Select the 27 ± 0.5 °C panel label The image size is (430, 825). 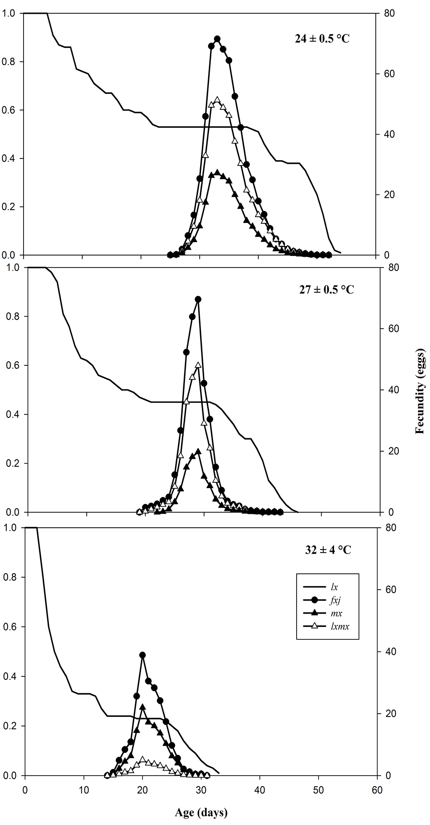click(x=327, y=290)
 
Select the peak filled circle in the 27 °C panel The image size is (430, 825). click(x=198, y=299)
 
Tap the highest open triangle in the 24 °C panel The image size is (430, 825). click(x=217, y=100)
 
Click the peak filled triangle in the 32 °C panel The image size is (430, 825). click(x=142, y=707)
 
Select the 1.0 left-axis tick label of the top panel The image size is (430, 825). click(x=8, y=13)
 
